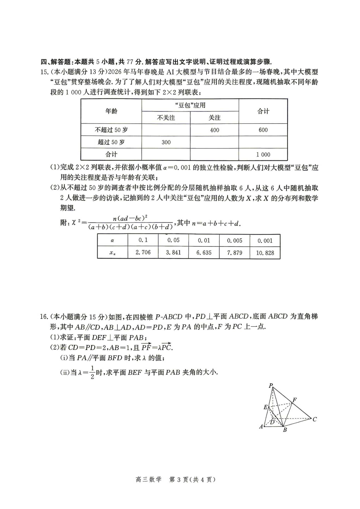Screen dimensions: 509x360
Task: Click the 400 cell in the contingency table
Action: tap(214, 130)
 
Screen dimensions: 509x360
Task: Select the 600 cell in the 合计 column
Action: tap(263, 130)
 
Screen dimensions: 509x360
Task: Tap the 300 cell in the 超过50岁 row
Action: tap(166, 142)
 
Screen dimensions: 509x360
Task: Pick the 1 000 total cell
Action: tap(263, 155)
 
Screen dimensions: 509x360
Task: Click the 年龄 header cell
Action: tap(111, 111)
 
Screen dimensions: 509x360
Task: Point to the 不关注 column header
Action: tap(166, 118)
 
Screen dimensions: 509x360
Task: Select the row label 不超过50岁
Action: tap(111, 130)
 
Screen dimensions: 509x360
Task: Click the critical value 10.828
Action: tap(265, 253)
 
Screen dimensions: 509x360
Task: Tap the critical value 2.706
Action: tap(143, 252)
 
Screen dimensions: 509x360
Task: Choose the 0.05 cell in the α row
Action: tap(173, 240)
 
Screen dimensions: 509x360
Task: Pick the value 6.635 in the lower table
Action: tap(204, 252)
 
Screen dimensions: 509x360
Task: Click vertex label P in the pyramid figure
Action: tap(271, 386)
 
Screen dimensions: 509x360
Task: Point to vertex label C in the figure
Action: tap(315, 419)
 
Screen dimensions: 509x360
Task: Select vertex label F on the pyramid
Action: tap(295, 400)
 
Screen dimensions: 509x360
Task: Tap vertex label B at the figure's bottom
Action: tap(285, 430)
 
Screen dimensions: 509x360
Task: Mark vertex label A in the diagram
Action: tap(261, 427)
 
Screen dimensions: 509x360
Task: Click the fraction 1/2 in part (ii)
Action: tap(92, 372)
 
